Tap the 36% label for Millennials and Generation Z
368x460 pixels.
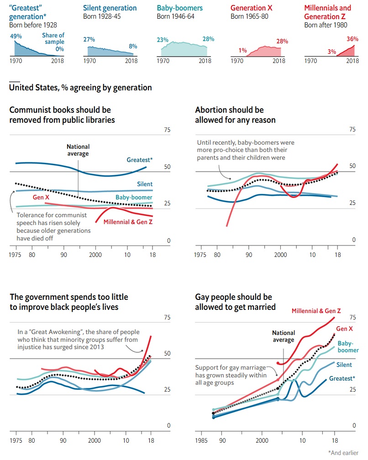tap(352, 39)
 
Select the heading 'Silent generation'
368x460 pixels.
tap(110, 8)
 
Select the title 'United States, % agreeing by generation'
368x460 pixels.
tap(80, 87)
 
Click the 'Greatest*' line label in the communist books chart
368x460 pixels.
tap(139, 160)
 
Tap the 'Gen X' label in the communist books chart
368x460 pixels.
tap(41, 197)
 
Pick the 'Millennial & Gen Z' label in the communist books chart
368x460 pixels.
tap(128, 222)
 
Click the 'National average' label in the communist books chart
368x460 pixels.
tap(78, 150)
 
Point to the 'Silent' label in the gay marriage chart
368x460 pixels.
tap(344, 365)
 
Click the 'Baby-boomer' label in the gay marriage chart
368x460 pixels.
tap(348, 346)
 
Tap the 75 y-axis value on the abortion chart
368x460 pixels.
tap(352, 130)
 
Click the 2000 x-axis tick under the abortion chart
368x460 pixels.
tap(280, 255)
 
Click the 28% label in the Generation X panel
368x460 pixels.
tap(282, 41)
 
